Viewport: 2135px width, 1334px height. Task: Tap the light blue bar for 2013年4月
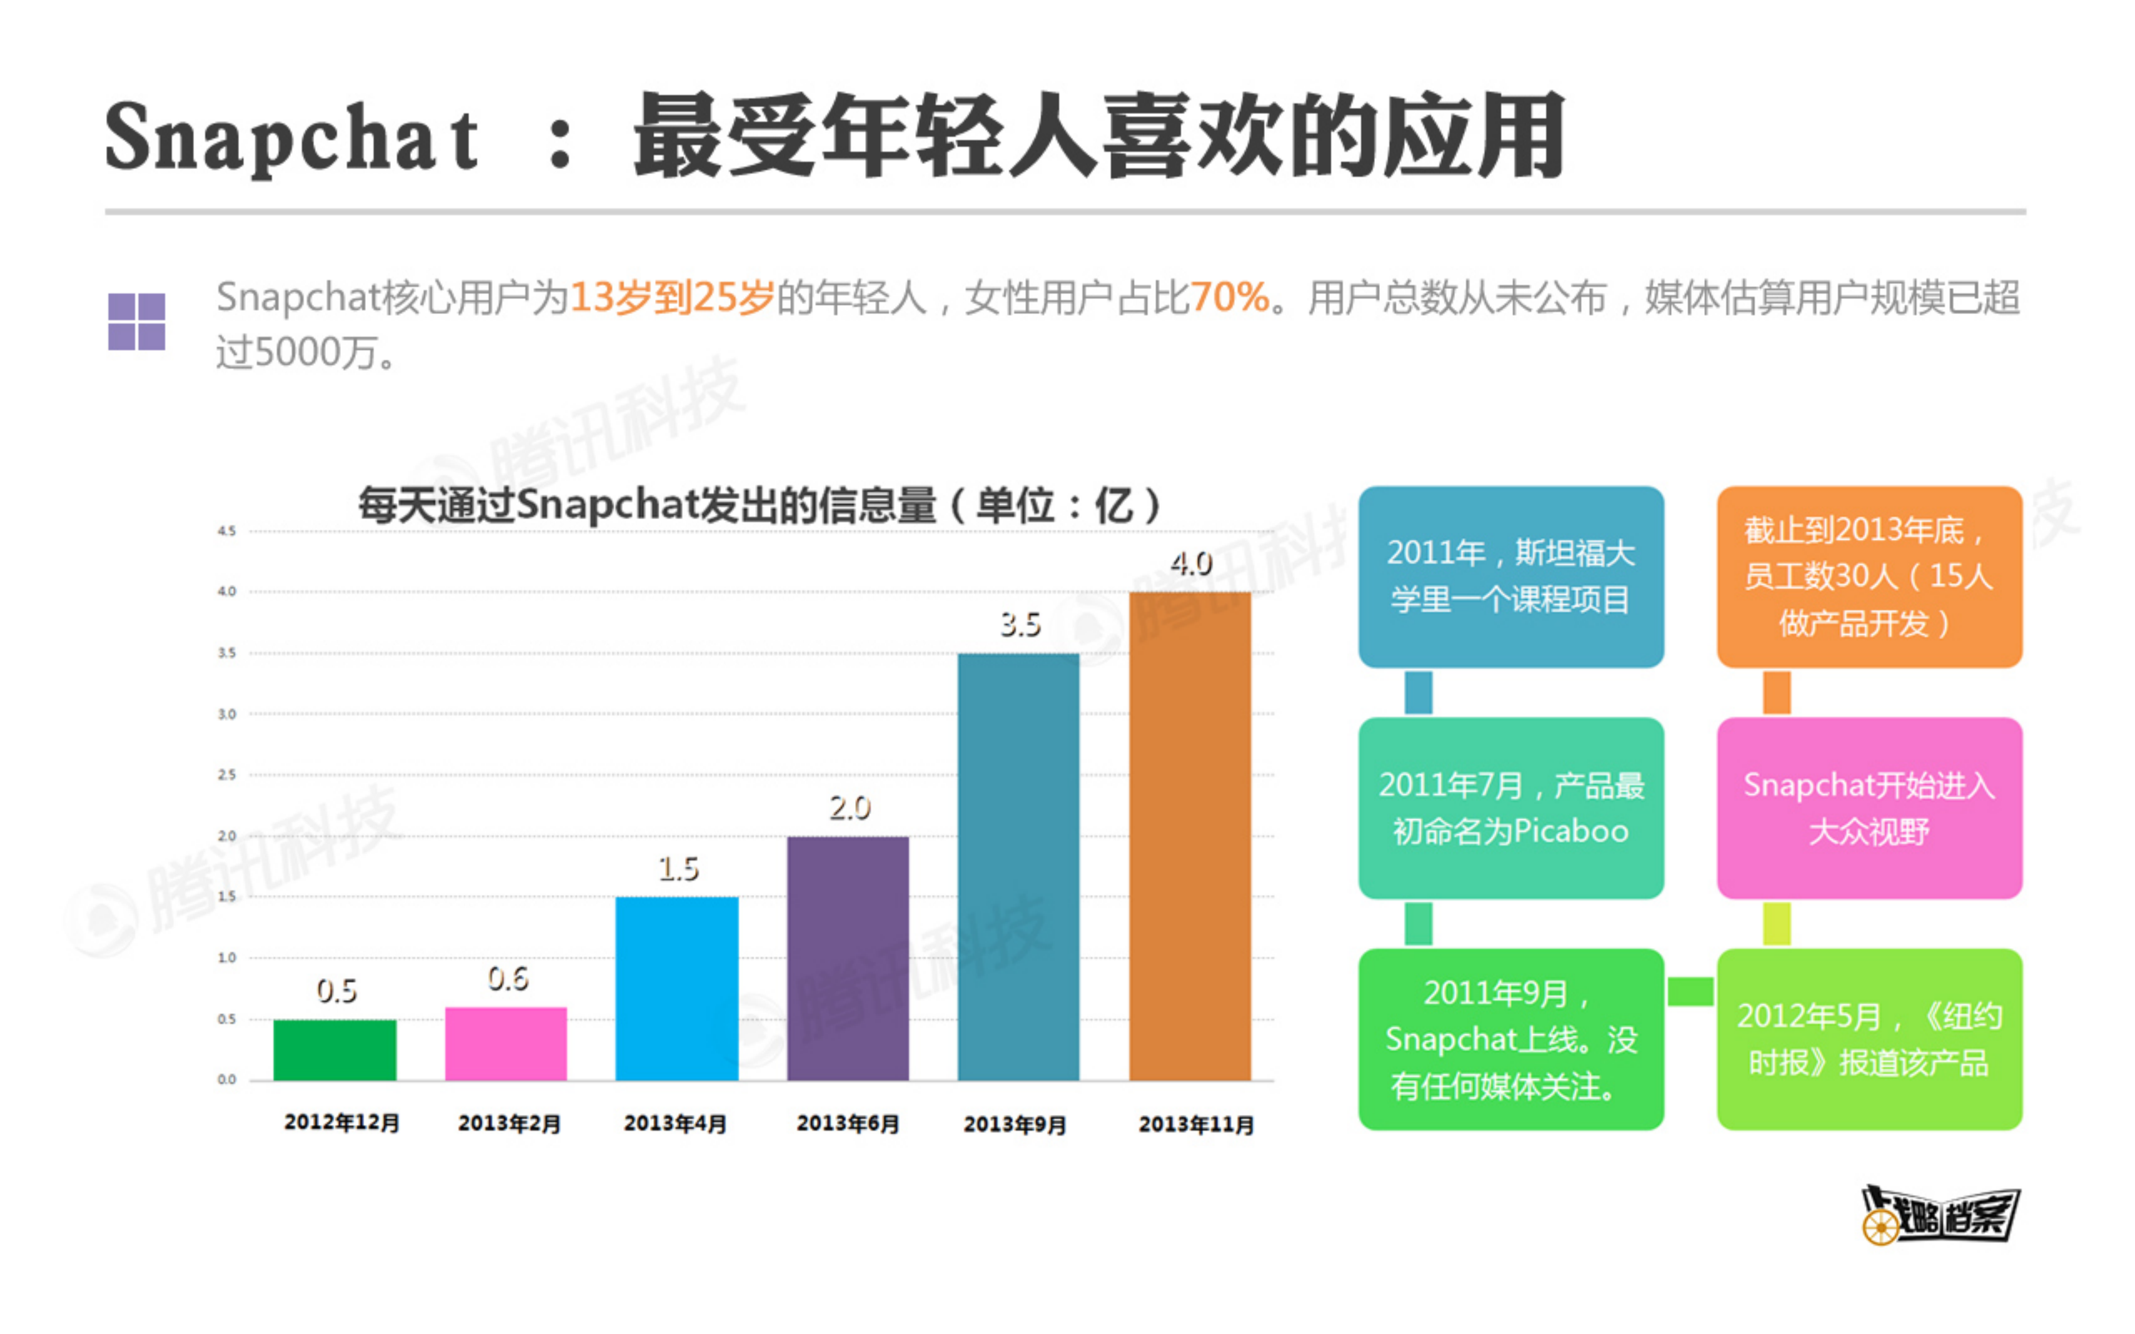(x=677, y=988)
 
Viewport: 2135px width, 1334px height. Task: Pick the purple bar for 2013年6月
(x=848, y=958)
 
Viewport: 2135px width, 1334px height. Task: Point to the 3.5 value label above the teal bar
(x=1020, y=625)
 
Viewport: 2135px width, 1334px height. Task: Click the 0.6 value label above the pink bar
(x=508, y=978)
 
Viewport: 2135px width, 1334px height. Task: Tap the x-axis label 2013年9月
(x=1015, y=1124)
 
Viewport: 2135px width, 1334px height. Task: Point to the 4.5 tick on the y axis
(x=226, y=531)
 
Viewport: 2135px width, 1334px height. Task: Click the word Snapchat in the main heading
(x=291, y=137)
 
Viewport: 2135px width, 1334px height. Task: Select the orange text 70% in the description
(x=1229, y=297)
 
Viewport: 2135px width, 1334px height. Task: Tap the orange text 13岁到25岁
(x=672, y=297)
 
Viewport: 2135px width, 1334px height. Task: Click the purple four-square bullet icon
(x=137, y=321)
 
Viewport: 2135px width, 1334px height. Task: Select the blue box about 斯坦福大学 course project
(x=1510, y=576)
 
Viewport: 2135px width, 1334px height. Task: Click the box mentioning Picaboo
(x=1510, y=807)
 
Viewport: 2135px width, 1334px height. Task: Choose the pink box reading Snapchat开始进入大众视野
(x=1869, y=807)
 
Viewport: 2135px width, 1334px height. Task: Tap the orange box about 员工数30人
(x=1869, y=576)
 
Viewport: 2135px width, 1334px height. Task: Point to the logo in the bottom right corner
(x=1940, y=1215)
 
